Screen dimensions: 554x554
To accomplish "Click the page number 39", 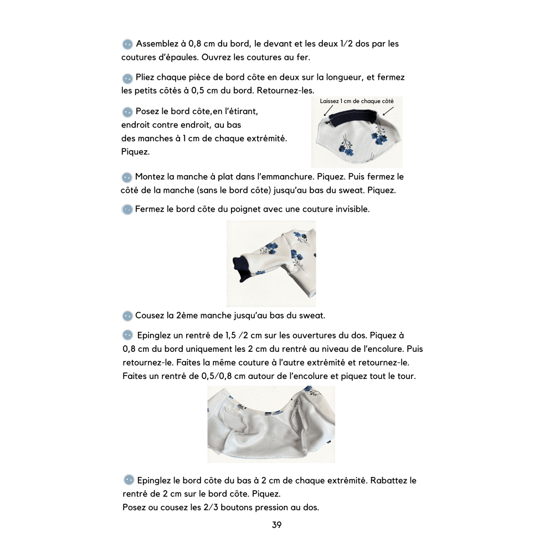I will click(276, 525).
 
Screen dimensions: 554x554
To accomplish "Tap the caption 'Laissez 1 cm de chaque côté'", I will click(357, 101).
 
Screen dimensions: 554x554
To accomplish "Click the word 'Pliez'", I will click(146, 78).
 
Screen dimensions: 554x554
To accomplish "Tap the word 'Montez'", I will click(149, 177).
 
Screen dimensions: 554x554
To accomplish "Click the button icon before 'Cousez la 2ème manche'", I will click(127, 316).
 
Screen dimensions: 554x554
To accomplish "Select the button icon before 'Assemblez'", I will click(127, 44).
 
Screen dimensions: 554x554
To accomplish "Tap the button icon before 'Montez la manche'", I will click(127, 177).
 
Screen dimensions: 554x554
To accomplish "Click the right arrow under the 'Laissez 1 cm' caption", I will click(387, 111).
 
